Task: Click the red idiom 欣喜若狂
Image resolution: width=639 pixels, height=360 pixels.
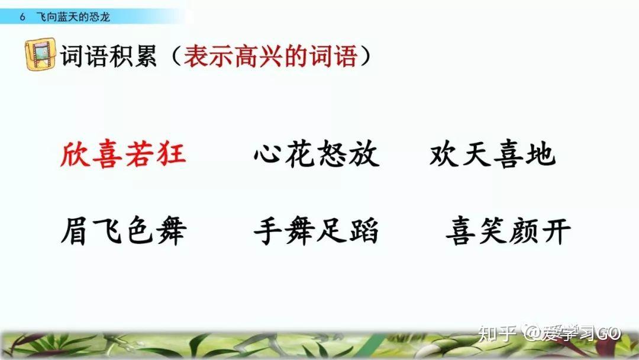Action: click(x=123, y=155)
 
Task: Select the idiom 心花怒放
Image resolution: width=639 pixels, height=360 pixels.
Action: click(x=317, y=154)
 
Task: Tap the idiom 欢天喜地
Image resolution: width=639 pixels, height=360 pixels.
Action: click(x=492, y=154)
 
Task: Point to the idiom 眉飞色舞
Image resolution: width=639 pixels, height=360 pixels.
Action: click(x=124, y=231)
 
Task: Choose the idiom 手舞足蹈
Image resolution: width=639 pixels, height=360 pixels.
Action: click(x=316, y=231)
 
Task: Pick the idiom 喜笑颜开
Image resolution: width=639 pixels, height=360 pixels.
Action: click(x=508, y=231)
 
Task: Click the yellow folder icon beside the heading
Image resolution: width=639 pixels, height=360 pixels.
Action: click(x=40, y=54)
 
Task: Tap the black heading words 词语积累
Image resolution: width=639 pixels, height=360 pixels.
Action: click(x=108, y=56)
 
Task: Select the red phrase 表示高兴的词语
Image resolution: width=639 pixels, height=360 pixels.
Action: click(x=270, y=56)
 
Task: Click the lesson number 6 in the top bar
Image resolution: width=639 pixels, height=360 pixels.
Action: click(x=22, y=17)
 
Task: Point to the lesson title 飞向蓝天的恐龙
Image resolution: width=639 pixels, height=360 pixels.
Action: click(x=73, y=17)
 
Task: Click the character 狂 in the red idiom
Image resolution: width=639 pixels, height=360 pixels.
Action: click(x=172, y=155)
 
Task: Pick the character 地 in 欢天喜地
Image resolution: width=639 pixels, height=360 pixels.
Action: click(x=541, y=154)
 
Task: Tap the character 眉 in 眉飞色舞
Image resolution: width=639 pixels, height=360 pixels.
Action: click(x=75, y=231)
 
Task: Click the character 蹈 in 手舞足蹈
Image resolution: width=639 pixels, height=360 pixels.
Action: click(x=364, y=231)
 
